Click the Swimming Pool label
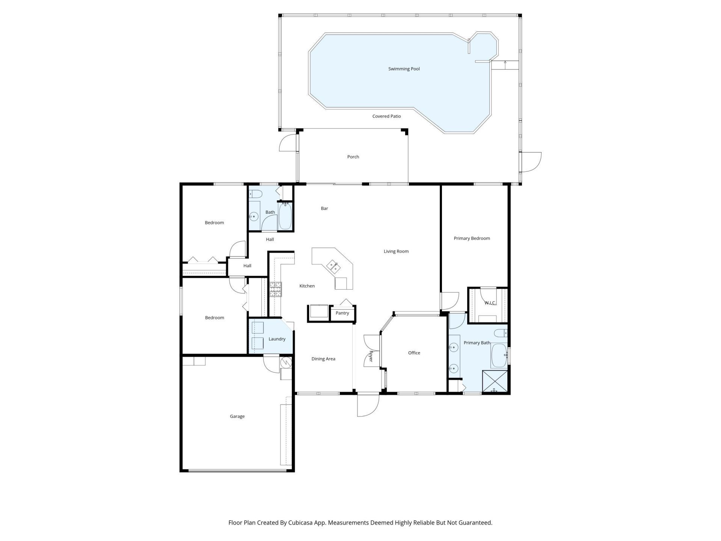[x=404, y=69]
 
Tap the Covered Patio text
[x=386, y=116]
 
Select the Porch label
[x=353, y=157]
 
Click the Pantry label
[x=342, y=313]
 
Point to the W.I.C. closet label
[x=490, y=303]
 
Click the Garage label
[x=237, y=416]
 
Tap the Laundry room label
[x=277, y=339]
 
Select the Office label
[x=414, y=353]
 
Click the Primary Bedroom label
[x=472, y=238]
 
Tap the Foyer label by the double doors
[x=371, y=356]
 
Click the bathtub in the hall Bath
[x=285, y=217]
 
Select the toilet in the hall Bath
[x=255, y=194]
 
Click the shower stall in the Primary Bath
[x=495, y=382]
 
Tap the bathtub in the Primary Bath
[x=499, y=355]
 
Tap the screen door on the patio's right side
[x=531, y=162]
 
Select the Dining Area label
[x=323, y=359]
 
